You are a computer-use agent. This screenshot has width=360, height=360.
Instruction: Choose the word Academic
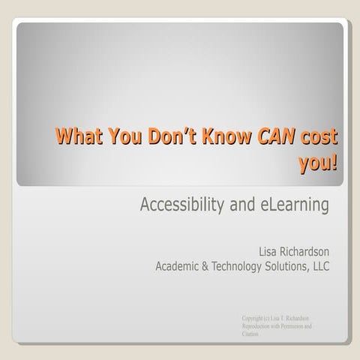[x=178, y=265]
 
